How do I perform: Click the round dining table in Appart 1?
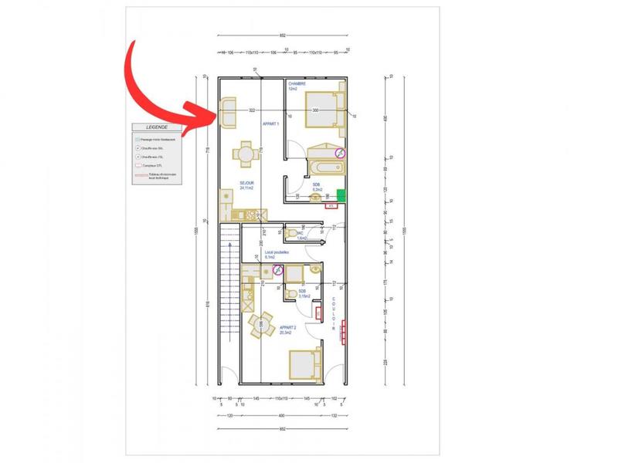tap(245, 154)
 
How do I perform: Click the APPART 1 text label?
tap(271, 123)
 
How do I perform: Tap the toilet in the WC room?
tap(291, 232)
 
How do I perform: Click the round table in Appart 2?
tap(263, 323)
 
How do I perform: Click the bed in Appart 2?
tap(303, 363)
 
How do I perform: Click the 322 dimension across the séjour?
tap(252, 110)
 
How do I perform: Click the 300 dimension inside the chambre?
tap(315, 110)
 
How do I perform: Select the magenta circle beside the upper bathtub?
tap(340, 153)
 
